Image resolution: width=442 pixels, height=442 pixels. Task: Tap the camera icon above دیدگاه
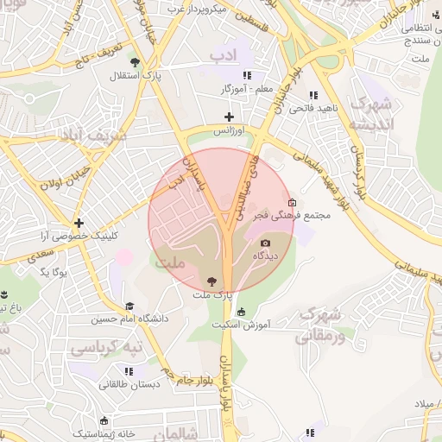[265, 243]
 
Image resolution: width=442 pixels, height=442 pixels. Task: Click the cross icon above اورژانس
[229, 117]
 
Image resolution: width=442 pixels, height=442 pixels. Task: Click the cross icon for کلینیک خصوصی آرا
[79, 223]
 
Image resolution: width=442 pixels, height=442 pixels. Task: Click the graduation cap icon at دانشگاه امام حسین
[129, 306]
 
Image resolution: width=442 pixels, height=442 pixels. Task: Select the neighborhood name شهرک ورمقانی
[321, 324]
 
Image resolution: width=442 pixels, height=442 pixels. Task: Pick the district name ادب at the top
[228, 55]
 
